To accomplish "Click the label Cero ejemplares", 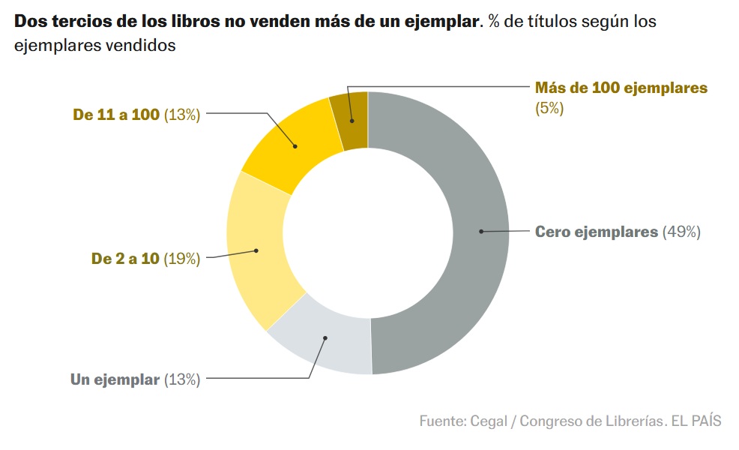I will coord(596,232).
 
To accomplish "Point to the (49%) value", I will coord(681,232).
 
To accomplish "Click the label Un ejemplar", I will coord(115,379).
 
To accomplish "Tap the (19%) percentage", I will coord(181,259).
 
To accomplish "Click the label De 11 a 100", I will coord(116,115).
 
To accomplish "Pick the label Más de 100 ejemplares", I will coord(621,88).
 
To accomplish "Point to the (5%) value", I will coord(549,108).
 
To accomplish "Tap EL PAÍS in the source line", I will coord(697,420).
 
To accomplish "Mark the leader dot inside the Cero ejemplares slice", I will coord(480,232).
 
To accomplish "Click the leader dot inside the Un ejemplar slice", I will coord(326,338).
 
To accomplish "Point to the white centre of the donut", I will coord(368,232).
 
